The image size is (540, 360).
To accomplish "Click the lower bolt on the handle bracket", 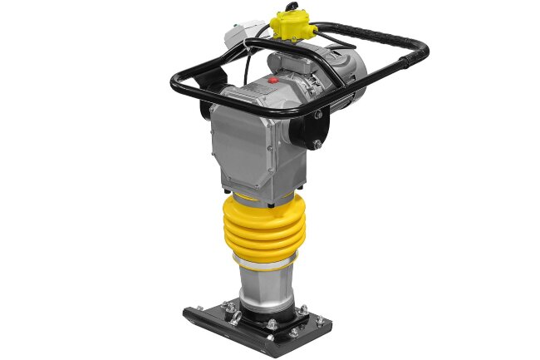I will (316, 145).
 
